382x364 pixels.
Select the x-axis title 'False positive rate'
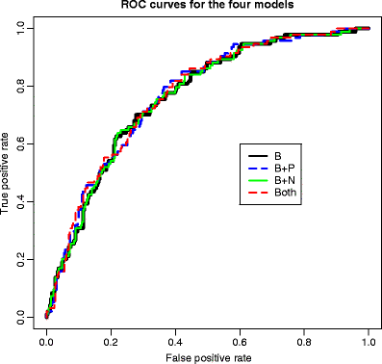click(x=207, y=357)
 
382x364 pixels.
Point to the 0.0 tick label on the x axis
click(x=46, y=341)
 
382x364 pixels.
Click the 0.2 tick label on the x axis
click(x=111, y=341)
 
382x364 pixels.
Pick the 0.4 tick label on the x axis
click(x=175, y=341)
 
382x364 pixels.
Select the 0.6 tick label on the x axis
click(x=240, y=341)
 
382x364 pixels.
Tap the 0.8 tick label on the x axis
click(x=304, y=341)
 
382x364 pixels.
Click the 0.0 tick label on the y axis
click(x=22, y=316)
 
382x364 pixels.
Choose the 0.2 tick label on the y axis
click(x=22, y=258)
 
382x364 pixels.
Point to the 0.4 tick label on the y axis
click(x=22, y=201)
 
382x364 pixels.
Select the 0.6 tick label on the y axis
click(x=22, y=143)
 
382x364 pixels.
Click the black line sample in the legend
click(x=258, y=155)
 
